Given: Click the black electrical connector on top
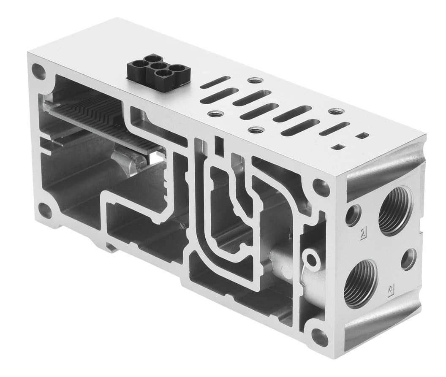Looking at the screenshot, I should pyautogui.click(x=157, y=73).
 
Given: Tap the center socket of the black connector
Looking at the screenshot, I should pyautogui.click(x=158, y=66).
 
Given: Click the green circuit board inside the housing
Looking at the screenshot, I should pyautogui.click(x=101, y=120).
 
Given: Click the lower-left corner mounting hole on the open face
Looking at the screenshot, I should pyautogui.click(x=45, y=210).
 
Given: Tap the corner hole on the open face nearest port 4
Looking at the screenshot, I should pyautogui.click(x=320, y=337).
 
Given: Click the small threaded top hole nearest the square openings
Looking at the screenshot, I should pyautogui.click(x=336, y=112).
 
